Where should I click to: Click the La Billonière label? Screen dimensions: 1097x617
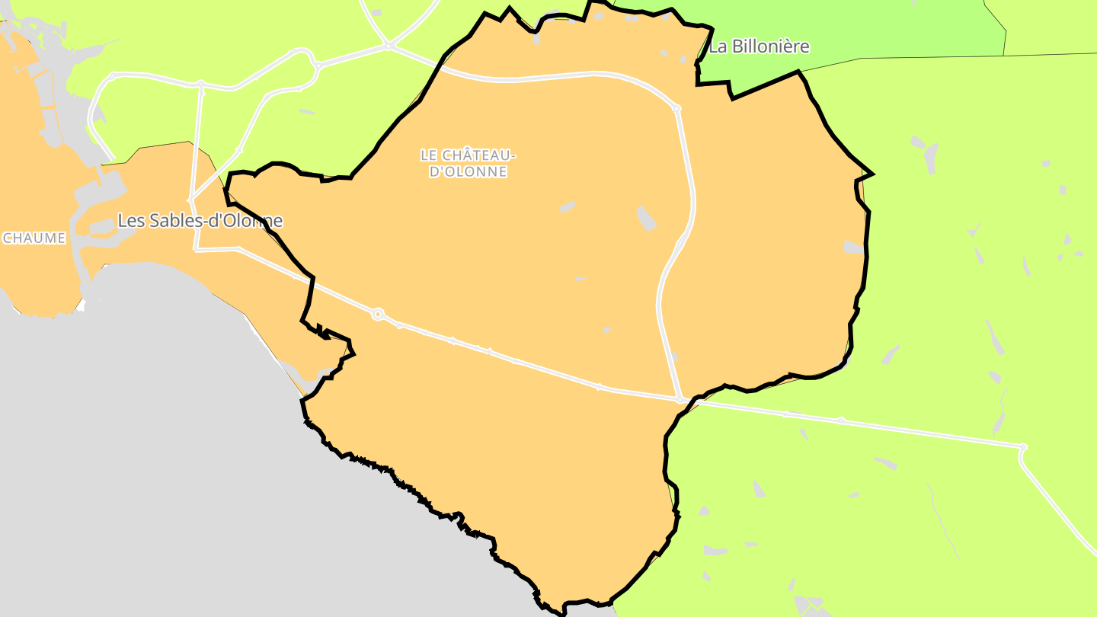pos(759,46)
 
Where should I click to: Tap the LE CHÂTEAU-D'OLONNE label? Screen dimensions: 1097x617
pos(468,164)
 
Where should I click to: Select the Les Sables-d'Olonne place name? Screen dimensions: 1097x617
pos(200,221)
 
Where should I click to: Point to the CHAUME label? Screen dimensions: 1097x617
pos(34,238)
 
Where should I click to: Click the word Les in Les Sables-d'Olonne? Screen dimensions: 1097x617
pos(130,221)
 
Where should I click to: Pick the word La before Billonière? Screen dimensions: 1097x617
pos(718,46)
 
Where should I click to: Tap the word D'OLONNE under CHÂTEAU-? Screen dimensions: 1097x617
pos(468,172)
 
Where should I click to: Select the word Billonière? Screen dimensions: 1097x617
pos(769,46)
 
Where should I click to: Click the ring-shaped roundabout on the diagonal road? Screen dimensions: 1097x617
pos(377,314)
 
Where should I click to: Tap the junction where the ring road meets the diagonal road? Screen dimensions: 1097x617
pos(679,398)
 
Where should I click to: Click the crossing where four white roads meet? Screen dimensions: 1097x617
pos(389,46)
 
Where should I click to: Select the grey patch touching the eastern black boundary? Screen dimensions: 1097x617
pos(853,248)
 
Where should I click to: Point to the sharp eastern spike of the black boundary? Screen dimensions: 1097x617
pos(872,174)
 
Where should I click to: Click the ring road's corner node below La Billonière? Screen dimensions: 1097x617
pos(676,109)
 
